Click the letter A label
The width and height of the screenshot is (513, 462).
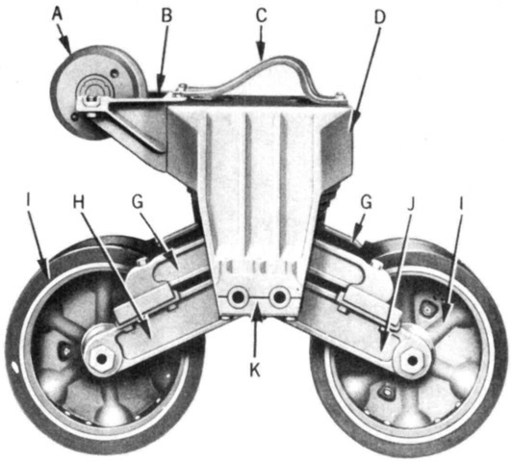[x=57, y=14]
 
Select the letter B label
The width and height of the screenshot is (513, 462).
[x=167, y=15]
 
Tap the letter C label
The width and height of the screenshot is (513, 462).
[x=261, y=15]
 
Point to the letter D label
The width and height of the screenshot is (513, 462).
[x=379, y=17]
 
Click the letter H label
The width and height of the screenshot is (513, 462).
[x=79, y=202]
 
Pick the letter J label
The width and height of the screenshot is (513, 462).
[x=411, y=204]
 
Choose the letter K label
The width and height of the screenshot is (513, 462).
[x=255, y=371]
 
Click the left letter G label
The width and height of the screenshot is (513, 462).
[x=138, y=202]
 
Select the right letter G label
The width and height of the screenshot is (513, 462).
[x=366, y=202]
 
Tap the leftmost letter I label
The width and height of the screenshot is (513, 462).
[x=29, y=202]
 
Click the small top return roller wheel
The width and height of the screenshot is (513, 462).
[x=98, y=91]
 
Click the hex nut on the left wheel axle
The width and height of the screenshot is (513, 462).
[x=102, y=359]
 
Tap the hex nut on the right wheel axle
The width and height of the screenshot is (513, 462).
[x=413, y=360]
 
